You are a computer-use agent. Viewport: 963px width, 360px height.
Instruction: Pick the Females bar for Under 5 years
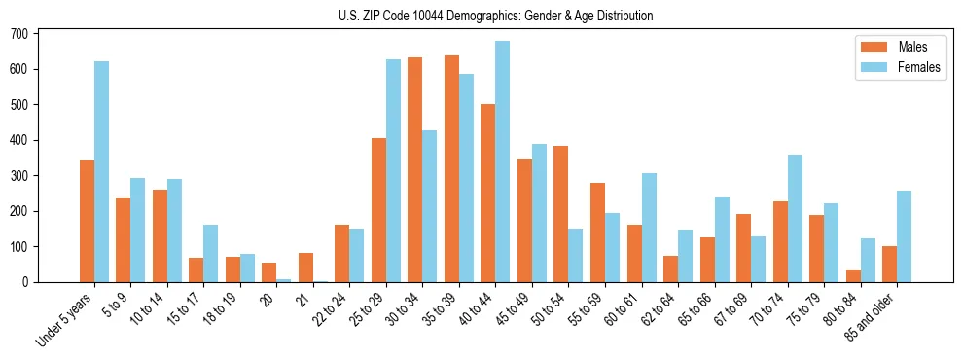pyautogui.click(x=101, y=171)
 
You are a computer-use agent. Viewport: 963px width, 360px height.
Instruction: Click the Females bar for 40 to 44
pyautogui.click(x=502, y=162)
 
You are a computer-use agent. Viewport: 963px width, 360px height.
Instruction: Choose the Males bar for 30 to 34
pyautogui.click(x=415, y=169)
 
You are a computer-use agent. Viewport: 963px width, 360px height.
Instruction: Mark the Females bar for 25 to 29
pyautogui.click(x=393, y=170)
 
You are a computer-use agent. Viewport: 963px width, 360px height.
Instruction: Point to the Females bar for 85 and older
pyautogui.click(x=904, y=236)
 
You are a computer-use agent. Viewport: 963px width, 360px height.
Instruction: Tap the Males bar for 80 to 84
pyautogui.click(x=853, y=275)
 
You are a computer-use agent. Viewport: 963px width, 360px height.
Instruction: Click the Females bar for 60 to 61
pyautogui.click(x=648, y=228)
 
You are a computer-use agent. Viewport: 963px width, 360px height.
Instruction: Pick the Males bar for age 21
pyautogui.click(x=305, y=268)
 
